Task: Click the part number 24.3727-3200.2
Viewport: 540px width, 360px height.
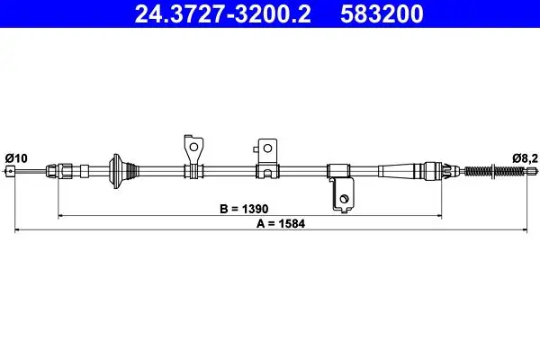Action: tap(223, 13)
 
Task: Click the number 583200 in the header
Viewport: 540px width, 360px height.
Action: tap(382, 13)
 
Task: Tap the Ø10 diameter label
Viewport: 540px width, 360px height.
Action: tap(16, 158)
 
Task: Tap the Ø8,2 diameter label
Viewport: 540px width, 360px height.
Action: tap(525, 158)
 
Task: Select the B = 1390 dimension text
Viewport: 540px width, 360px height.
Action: tap(244, 209)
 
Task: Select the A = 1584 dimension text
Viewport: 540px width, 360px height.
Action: tap(281, 223)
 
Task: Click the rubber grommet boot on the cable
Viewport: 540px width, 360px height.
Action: tap(123, 171)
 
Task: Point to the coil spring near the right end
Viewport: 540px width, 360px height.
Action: tap(496, 170)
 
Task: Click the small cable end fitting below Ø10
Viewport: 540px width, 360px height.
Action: tap(11, 171)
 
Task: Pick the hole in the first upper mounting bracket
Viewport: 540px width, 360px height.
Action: tap(193, 147)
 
